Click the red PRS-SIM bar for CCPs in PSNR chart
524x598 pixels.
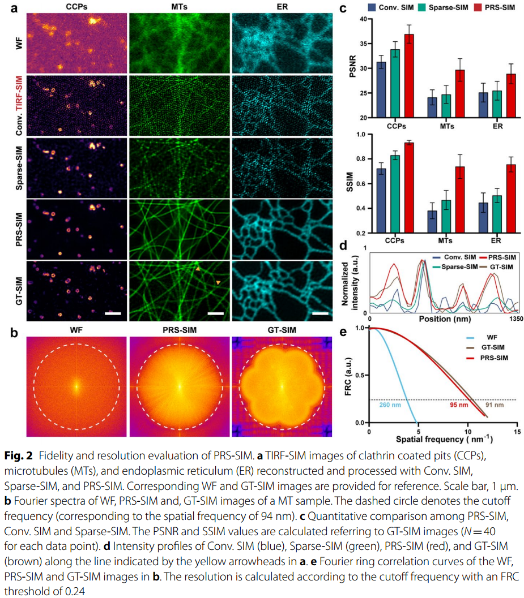(409, 76)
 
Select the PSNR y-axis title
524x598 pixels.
(347, 68)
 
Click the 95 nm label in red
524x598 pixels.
(459, 405)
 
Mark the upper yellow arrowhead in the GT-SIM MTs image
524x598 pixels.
(198, 271)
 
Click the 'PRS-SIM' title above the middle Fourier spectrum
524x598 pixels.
(178, 330)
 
